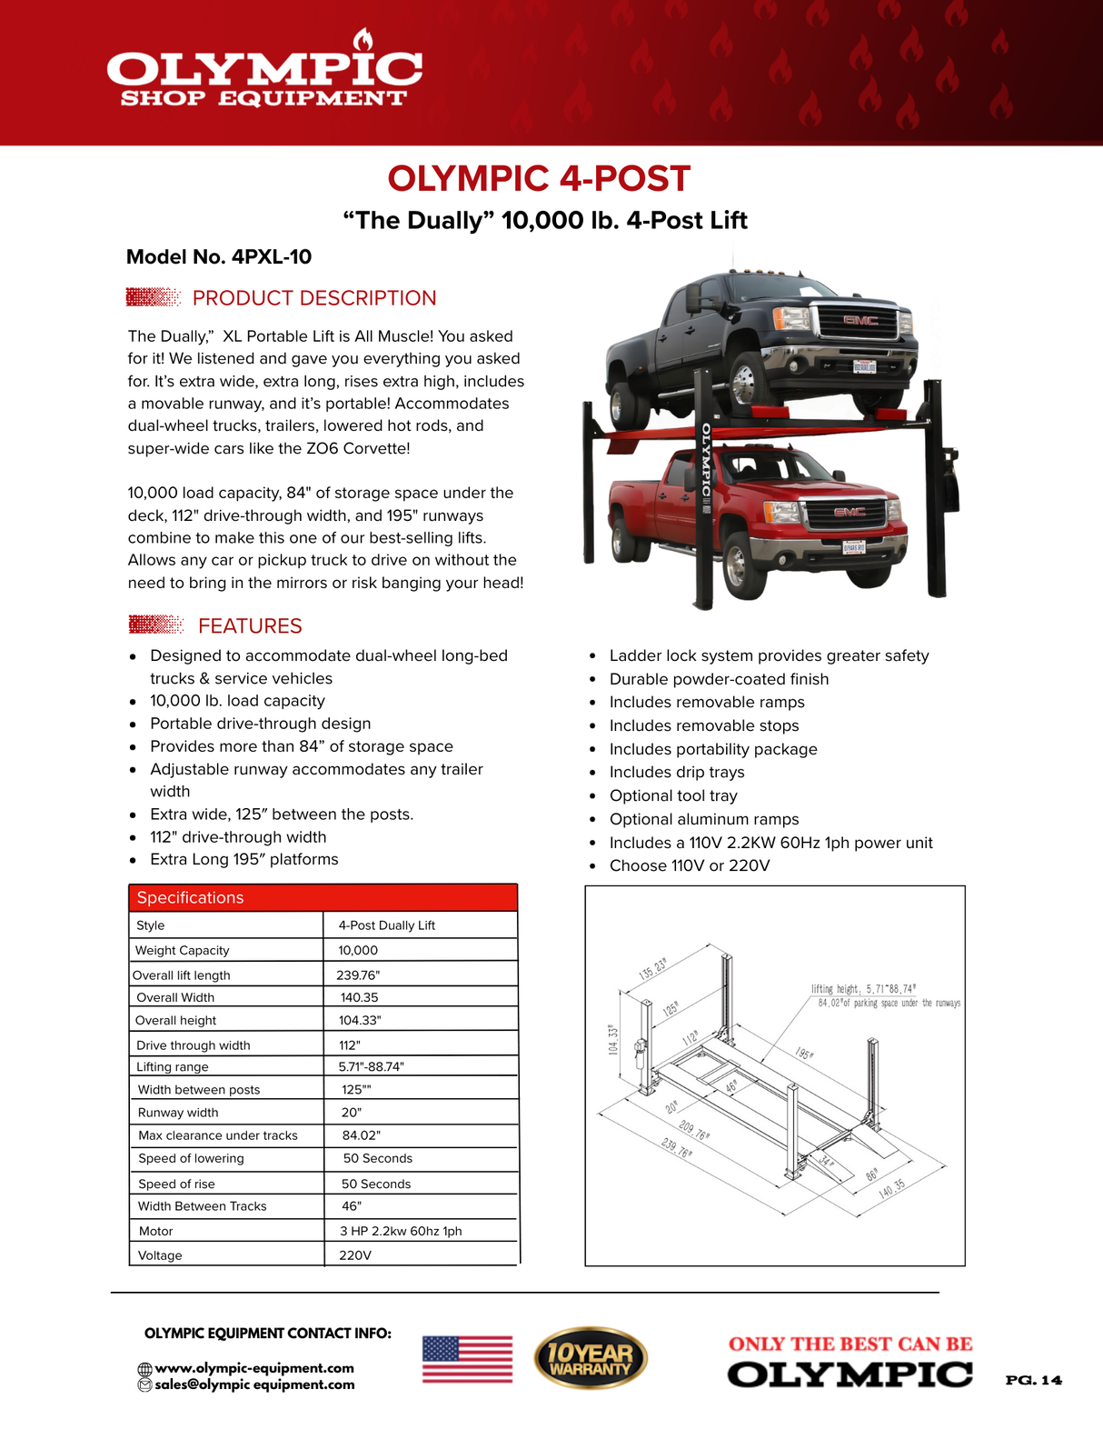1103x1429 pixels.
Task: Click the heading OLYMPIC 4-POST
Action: pos(539,178)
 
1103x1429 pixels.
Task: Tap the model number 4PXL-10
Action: pos(271,256)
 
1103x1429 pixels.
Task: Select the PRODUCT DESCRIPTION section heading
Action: pos(313,298)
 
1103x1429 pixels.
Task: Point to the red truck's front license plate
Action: pos(853,547)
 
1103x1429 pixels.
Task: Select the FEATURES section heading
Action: pos(249,625)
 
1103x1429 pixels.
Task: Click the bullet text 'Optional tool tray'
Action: pos(672,795)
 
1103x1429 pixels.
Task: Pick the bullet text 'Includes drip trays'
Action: pos(676,772)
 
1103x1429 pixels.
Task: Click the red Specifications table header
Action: pos(323,897)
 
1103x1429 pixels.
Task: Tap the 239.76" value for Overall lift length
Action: pos(358,974)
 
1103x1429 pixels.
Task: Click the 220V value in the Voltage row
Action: pos(355,1254)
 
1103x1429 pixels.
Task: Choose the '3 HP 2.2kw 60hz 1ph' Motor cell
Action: pos(401,1231)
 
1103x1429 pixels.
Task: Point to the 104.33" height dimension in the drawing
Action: pos(613,1039)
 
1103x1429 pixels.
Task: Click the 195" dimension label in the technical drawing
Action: pos(804,1054)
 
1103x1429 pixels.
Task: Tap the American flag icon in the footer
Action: pos(467,1359)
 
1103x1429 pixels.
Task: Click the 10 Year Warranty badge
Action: pos(590,1358)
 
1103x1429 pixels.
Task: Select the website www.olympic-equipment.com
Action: pos(253,1367)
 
